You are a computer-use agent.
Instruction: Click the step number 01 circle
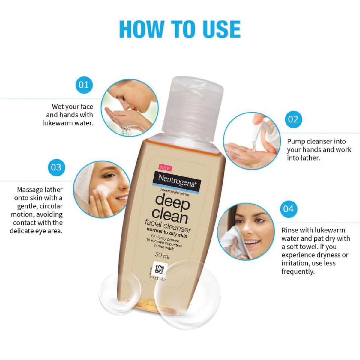[x=84, y=85]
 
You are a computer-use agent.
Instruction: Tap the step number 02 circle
[x=293, y=119]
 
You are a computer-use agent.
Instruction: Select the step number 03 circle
[x=56, y=167]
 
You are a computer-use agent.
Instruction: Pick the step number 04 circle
[x=288, y=209]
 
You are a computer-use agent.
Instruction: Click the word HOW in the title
[x=142, y=29]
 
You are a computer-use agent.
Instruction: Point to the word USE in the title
[x=222, y=29]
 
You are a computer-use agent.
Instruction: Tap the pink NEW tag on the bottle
[x=165, y=167]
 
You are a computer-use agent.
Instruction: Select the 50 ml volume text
[x=162, y=256]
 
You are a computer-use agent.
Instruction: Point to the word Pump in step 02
[x=296, y=141]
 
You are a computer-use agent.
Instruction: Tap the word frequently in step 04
[x=298, y=271]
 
